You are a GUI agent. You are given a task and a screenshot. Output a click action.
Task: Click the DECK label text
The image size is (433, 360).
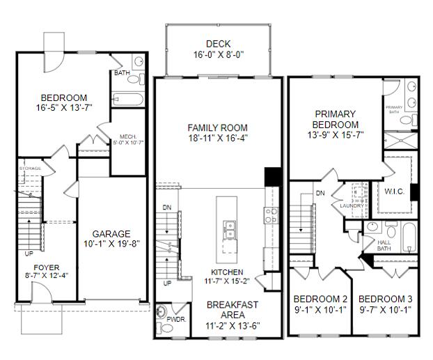click(x=218, y=43)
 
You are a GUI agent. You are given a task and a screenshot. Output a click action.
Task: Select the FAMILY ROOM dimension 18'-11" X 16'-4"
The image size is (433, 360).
click(x=218, y=138)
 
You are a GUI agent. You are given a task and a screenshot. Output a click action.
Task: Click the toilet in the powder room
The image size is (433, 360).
click(x=162, y=311)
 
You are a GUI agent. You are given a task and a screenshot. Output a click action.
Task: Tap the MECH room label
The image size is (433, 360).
click(x=127, y=136)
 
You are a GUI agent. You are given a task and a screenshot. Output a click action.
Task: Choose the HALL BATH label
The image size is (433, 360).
click(x=384, y=244)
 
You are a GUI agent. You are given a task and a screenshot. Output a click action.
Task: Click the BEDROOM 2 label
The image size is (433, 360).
click(x=320, y=297)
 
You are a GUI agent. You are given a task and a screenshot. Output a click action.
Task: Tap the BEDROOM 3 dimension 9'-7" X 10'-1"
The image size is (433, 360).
click(x=386, y=309)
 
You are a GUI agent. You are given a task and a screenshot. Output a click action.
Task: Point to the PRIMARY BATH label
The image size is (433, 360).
click(x=393, y=109)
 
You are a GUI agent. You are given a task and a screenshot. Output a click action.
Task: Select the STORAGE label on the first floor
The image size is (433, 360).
click(x=30, y=169)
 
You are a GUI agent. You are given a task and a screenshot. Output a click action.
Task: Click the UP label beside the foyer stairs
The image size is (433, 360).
click(x=29, y=253)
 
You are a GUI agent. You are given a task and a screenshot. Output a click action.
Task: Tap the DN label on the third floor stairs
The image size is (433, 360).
click(x=320, y=193)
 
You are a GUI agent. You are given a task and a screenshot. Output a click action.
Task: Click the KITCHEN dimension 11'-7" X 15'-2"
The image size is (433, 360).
click(x=226, y=281)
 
